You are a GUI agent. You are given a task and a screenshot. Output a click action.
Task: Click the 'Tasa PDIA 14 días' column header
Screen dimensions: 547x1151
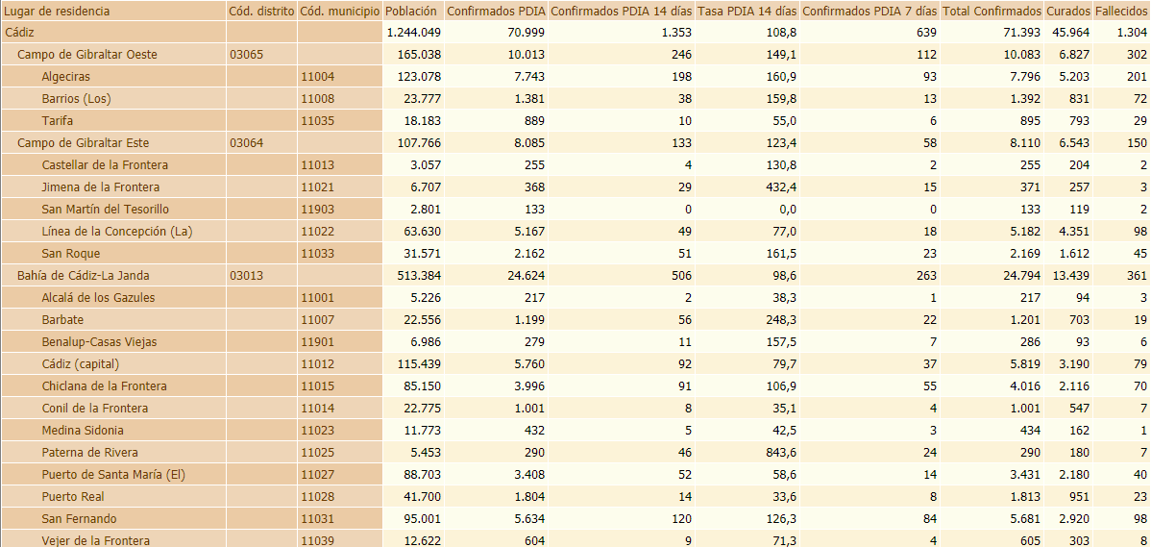747,12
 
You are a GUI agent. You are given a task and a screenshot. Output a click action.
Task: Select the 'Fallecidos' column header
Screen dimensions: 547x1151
1121,12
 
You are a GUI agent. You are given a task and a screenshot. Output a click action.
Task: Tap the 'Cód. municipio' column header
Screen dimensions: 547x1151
338,12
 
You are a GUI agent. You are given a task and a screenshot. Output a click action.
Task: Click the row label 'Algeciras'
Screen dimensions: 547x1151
66,77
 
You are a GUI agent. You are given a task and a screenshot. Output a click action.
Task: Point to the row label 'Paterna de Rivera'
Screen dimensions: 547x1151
89,453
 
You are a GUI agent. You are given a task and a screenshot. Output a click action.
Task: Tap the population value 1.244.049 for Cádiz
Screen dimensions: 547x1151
413,33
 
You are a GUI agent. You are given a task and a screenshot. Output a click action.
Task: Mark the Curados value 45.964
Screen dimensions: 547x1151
1068,33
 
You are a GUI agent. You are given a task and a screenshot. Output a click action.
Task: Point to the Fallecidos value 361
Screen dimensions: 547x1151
1137,276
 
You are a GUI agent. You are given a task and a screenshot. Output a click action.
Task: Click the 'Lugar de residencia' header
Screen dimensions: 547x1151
58,12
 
